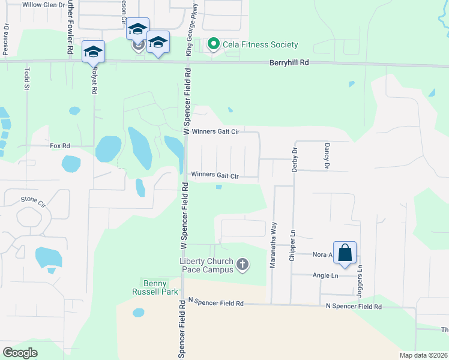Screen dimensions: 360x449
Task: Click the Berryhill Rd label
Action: point(289,62)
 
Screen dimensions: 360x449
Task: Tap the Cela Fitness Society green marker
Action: point(212,44)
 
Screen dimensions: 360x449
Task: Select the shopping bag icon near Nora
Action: point(345,253)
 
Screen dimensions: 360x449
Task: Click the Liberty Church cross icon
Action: point(242,265)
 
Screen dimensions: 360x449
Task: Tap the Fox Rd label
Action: point(60,146)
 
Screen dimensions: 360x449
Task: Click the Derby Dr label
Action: point(295,160)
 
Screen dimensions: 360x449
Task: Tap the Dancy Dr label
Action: point(327,156)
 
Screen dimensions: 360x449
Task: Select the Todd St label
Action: point(26,79)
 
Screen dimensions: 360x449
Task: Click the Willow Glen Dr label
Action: point(43,4)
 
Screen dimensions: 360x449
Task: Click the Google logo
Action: point(20,353)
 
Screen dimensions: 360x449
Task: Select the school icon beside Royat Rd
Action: point(93,51)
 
